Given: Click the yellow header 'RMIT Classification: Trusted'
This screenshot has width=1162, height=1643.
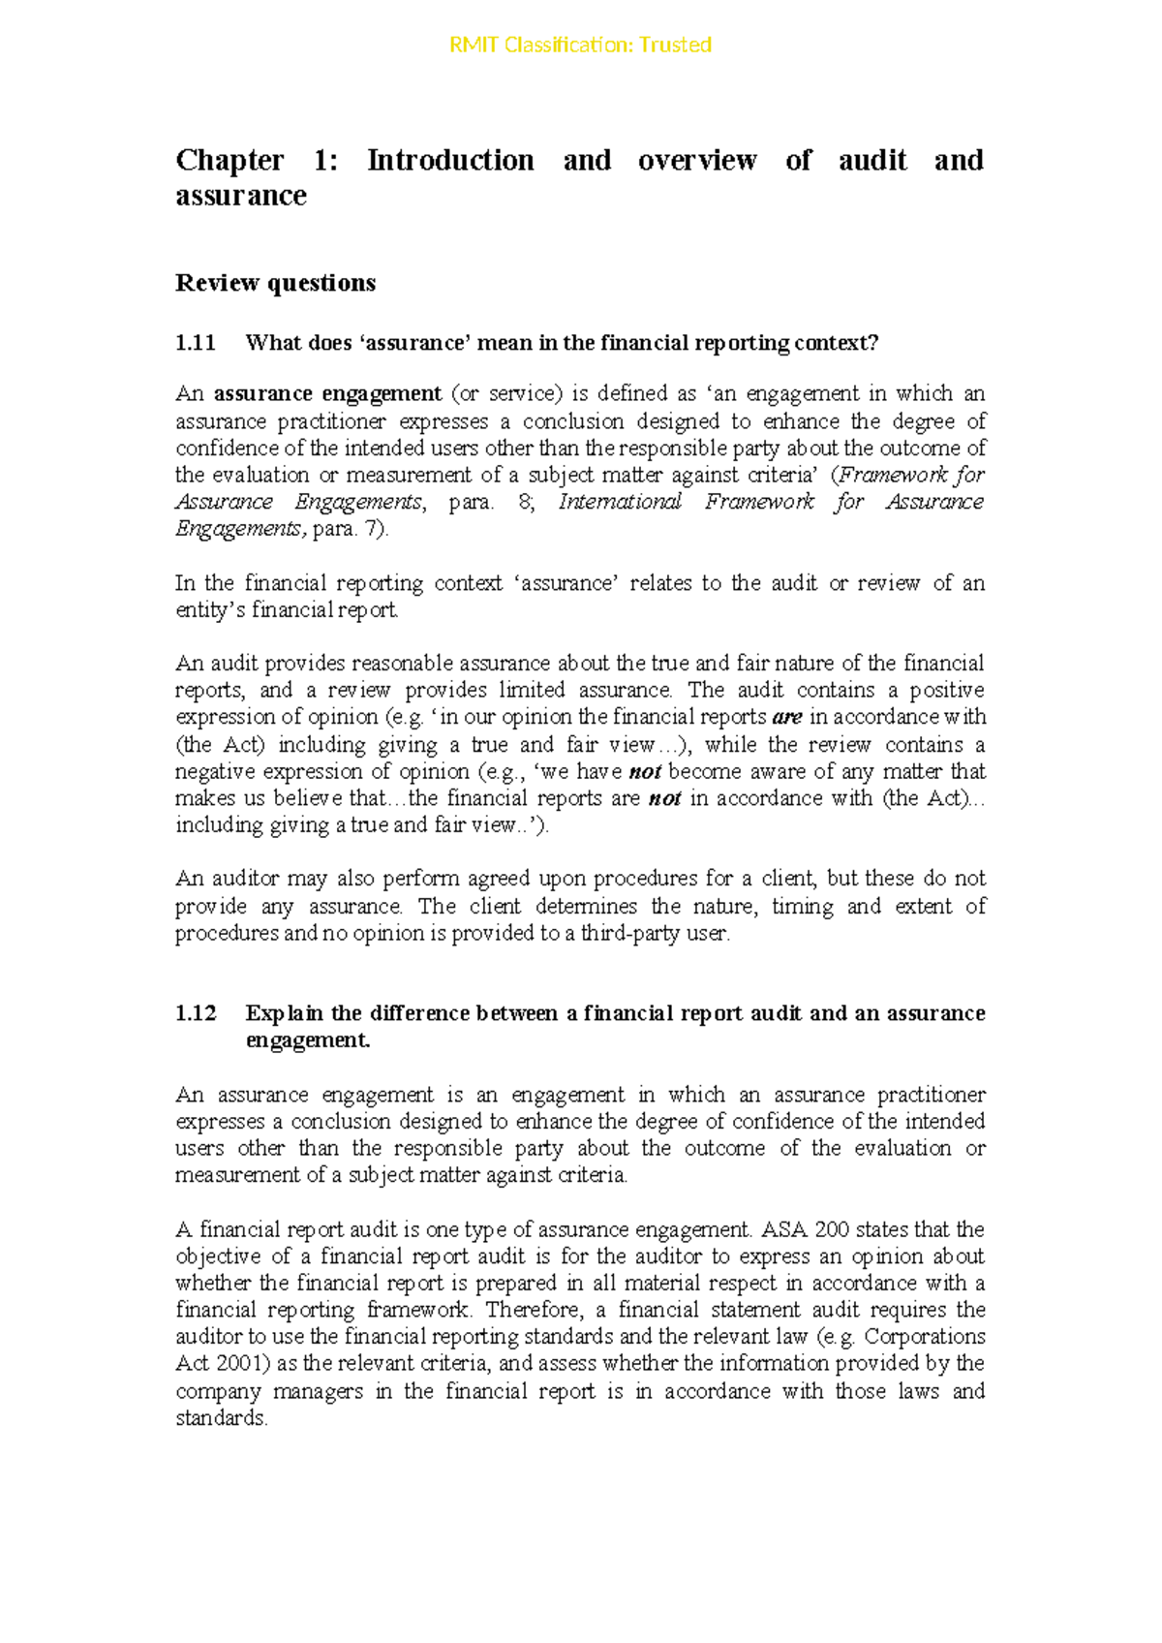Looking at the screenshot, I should pos(580,45).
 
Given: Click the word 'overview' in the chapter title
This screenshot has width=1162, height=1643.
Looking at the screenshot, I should pos(696,160).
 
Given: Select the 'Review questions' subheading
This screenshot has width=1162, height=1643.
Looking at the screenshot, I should pos(275,283).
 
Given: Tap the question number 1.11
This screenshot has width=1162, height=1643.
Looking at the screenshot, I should pos(195,343).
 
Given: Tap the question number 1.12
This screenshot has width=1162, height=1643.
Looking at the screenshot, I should pos(195,1013).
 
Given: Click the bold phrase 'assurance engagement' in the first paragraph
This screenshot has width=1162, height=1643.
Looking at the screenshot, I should pos(327,393).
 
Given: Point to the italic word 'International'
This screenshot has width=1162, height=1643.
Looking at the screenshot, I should pos(620,502).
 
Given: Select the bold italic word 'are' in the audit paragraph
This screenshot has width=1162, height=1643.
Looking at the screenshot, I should pos(787,718).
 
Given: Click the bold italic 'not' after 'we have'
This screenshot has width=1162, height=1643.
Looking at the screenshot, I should pos(645,772).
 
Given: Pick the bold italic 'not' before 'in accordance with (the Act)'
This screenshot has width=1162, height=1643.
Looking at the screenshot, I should pos(664,799).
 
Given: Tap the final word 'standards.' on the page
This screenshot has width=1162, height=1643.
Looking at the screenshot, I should pos(221,1418).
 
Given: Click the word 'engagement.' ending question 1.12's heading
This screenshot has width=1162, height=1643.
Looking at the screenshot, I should pos(308,1040).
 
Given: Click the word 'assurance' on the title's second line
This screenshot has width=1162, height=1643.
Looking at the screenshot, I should pos(241,196).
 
